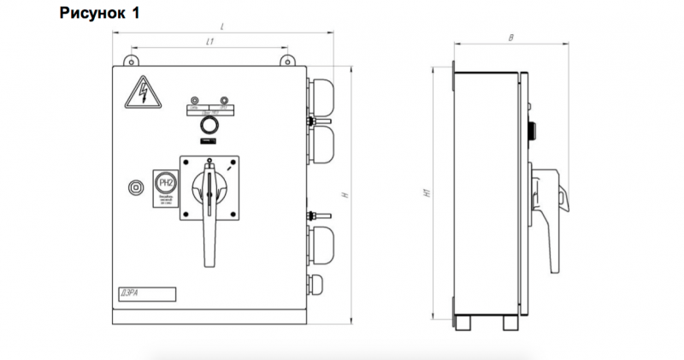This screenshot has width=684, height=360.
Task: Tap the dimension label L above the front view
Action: (x=221, y=27)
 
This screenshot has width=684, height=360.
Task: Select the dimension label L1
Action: (x=209, y=42)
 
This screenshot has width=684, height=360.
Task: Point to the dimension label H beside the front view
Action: (x=344, y=195)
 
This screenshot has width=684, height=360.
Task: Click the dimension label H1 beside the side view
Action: (x=426, y=195)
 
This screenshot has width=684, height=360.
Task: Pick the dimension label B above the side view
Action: (x=510, y=38)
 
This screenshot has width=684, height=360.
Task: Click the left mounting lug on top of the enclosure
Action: (x=133, y=59)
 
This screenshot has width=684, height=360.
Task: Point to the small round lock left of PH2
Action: (x=133, y=186)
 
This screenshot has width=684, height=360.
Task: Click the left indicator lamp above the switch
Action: (x=196, y=100)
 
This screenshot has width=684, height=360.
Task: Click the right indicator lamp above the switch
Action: (x=223, y=100)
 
